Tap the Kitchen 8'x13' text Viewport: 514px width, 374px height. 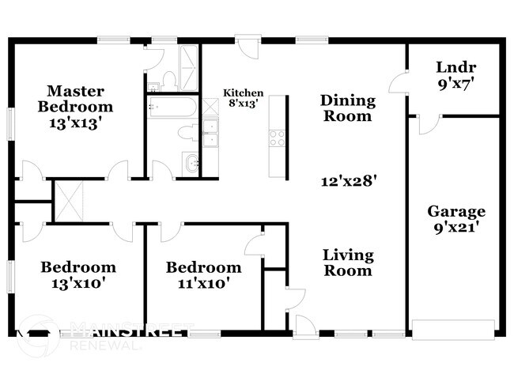coord(243,97)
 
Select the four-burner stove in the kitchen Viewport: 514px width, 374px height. coord(278,138)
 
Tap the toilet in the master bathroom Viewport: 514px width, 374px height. coord(168,78)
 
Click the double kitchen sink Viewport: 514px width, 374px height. coord(210,134)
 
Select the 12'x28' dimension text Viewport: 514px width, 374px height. coord(348,179)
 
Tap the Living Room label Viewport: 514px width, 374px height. coord(347,263)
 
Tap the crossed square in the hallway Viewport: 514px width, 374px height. coord(67,201)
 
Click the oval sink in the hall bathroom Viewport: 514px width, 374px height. coord(191,164)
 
